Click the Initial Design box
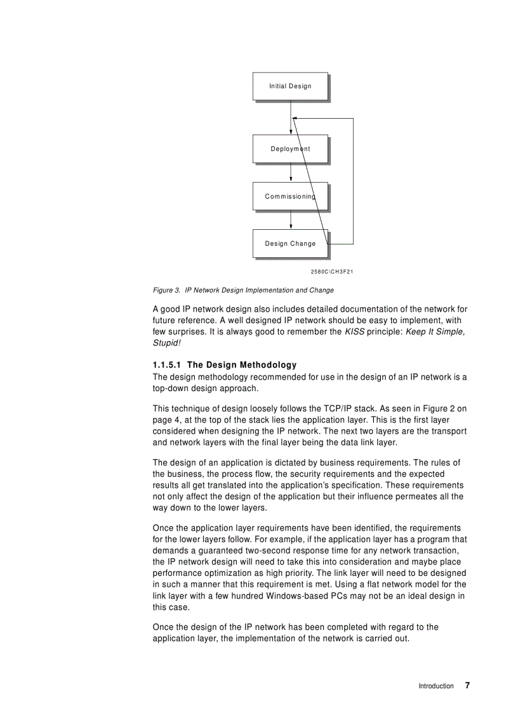[290, 86]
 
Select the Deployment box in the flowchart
[290, 149]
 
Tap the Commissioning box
[290, 197]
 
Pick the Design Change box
[290, 244]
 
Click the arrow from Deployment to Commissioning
[291, 173]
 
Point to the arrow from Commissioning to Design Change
[291, 220]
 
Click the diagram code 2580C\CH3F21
[331, 272]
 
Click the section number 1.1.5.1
[168, 365]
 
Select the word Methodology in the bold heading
[268, 365]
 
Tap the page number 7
[467, 685]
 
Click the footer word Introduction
[435, 686]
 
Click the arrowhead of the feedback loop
[295, 119]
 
